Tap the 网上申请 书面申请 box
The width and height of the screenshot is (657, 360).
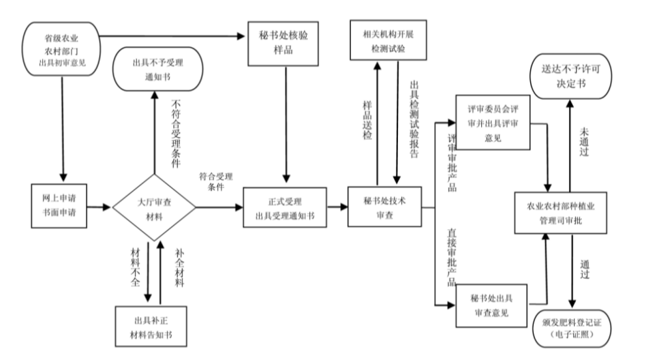coord(61,205)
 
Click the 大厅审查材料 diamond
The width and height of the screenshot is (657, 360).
coord(155,206)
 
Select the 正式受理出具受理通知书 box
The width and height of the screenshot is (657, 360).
coord(284,206)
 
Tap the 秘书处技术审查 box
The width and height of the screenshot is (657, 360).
coord(385,205)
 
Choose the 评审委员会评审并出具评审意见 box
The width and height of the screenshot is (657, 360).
coord(493,123)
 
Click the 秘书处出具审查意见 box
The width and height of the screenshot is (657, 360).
coord(493,305)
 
